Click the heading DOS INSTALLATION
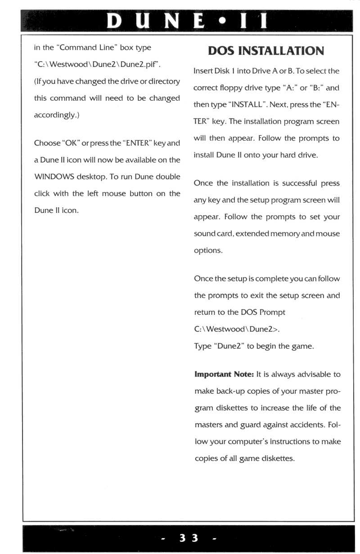(266, 51)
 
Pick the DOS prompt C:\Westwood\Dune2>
(236, 329)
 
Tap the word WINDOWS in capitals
(57, 176)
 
